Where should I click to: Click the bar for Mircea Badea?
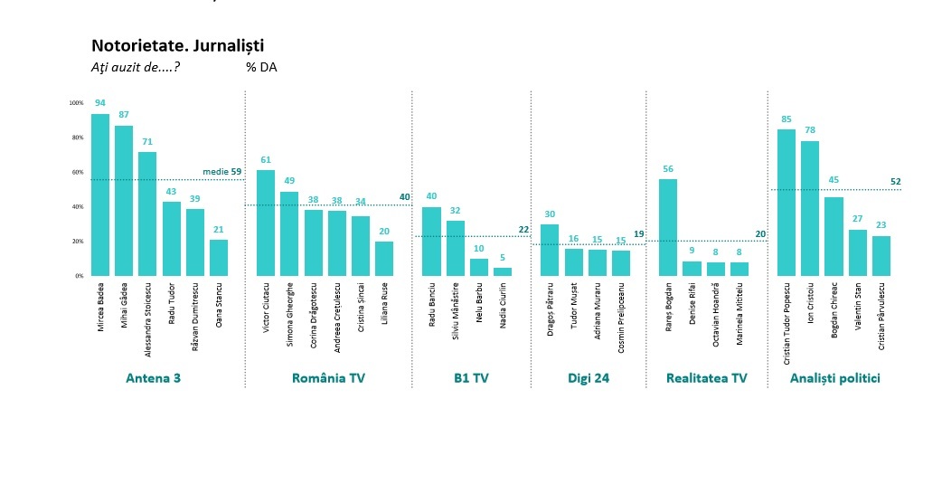[x=100, y=195]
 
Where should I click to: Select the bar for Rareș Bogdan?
[x=668, y=227]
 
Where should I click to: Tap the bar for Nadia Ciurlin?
[x=502, y=271]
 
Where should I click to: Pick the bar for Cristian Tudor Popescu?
[x=787, y=203]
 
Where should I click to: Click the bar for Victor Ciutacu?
[x=266, y=223]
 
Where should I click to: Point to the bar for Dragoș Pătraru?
[x=550, y=250]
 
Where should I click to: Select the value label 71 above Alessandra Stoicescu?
[x=147, y=142]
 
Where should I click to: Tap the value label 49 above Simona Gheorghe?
[x=289, y=181]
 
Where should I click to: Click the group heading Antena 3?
[x=153, y=378]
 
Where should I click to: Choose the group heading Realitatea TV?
[x=706, y=378]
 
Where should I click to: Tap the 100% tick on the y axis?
[x=76, y=103]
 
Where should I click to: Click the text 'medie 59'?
[x=221, y=171]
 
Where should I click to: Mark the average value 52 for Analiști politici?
[x=895, y=182]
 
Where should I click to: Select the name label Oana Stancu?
[x=219, y=308]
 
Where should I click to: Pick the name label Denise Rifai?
[x=692, y=308]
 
